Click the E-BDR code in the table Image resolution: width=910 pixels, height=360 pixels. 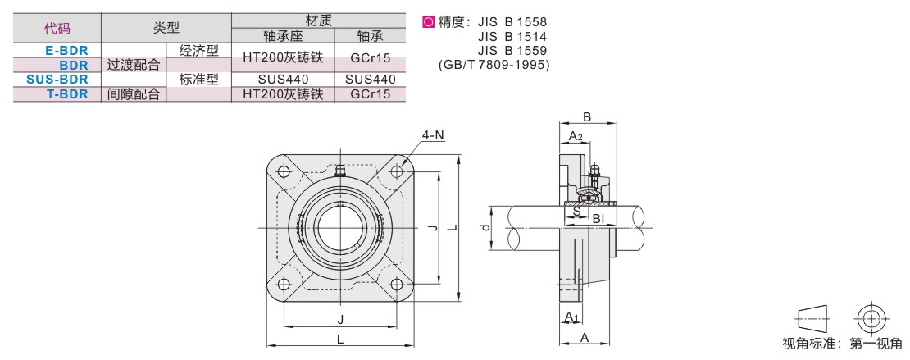(x=67, y=50)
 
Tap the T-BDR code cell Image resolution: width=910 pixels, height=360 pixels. (x=67, y=94)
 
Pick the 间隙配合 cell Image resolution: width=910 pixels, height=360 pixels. (x=134, y=94)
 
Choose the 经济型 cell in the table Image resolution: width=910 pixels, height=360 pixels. (x=198, y=50)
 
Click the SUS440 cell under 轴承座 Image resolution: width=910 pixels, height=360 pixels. (x=283, y=80)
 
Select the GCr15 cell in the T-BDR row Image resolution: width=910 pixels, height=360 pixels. (x=369, y=94)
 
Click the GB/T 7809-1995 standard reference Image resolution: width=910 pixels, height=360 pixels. (x=494, y=65)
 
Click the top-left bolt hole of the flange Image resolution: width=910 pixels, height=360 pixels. (x=284, y=172)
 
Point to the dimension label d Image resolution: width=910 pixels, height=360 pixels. (x=486, y=227)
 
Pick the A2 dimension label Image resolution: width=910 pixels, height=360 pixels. (x=576, y=136)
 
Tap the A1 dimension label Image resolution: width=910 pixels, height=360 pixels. (x=571, y=316)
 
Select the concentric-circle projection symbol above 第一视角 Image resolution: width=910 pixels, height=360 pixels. (x=871, y=317)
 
